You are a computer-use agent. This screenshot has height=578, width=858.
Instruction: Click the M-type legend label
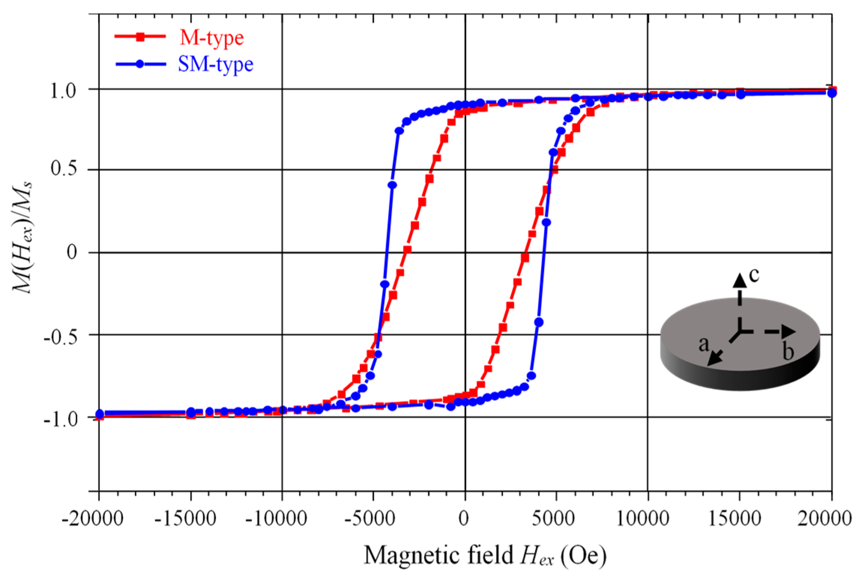[211, 37]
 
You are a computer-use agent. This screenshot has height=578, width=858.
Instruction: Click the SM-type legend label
[215, 64]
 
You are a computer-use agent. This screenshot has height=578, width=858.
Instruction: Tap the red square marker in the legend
[140, 37]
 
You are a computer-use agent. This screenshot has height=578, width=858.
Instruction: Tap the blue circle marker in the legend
[140, 64]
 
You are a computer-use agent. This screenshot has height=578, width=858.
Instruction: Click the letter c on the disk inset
[754, 275]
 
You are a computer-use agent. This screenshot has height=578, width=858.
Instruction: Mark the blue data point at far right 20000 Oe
[831, 93]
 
